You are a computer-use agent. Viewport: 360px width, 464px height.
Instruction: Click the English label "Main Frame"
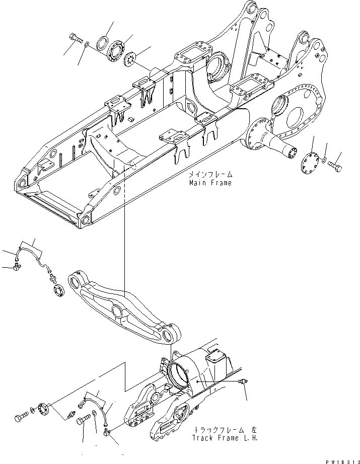point(210,183)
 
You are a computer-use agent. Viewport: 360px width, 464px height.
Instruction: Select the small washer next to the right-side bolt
point(325,162)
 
